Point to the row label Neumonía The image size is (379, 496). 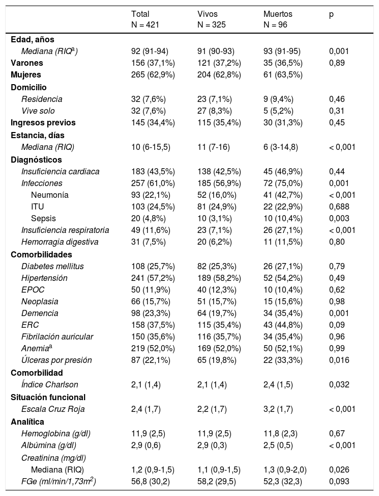click(50, 195)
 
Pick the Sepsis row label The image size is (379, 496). click(43, 218)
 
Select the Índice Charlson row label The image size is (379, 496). click(50, 384)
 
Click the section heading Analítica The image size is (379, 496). click(28, 421)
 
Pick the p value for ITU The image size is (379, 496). click(339, 206)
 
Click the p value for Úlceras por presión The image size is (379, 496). click(339, 360)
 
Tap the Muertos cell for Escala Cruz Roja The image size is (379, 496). click(272, 409)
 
